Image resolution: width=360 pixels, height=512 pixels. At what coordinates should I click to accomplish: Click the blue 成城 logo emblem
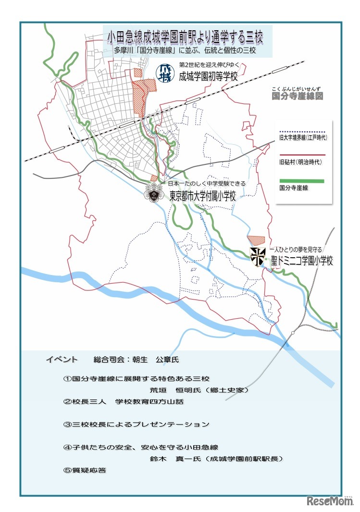[165, 73]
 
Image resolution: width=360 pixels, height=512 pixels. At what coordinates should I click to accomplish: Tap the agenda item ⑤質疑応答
[85, 470]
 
